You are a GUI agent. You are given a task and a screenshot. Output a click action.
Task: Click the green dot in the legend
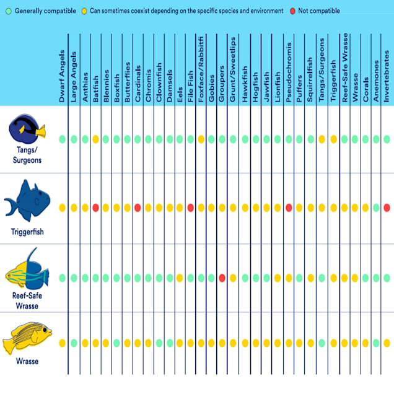click(9, 11)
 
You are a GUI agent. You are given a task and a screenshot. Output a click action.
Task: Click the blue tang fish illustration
click(27, 126)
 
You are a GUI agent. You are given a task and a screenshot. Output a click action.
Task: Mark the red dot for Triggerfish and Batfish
click(95, 208)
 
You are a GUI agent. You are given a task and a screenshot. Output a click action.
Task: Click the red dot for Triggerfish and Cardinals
click(138, 208)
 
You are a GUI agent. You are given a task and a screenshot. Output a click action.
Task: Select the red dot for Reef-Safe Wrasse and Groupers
click(222, 278)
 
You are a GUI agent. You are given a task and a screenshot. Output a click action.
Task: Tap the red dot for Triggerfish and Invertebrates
click(387, 208)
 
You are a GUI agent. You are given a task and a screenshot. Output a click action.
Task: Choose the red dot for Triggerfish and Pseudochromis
click(289, 208)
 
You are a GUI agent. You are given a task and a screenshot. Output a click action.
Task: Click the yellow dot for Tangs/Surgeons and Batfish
click(95, 139)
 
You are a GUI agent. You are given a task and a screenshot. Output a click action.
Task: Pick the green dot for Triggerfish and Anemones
click(375, 208)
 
